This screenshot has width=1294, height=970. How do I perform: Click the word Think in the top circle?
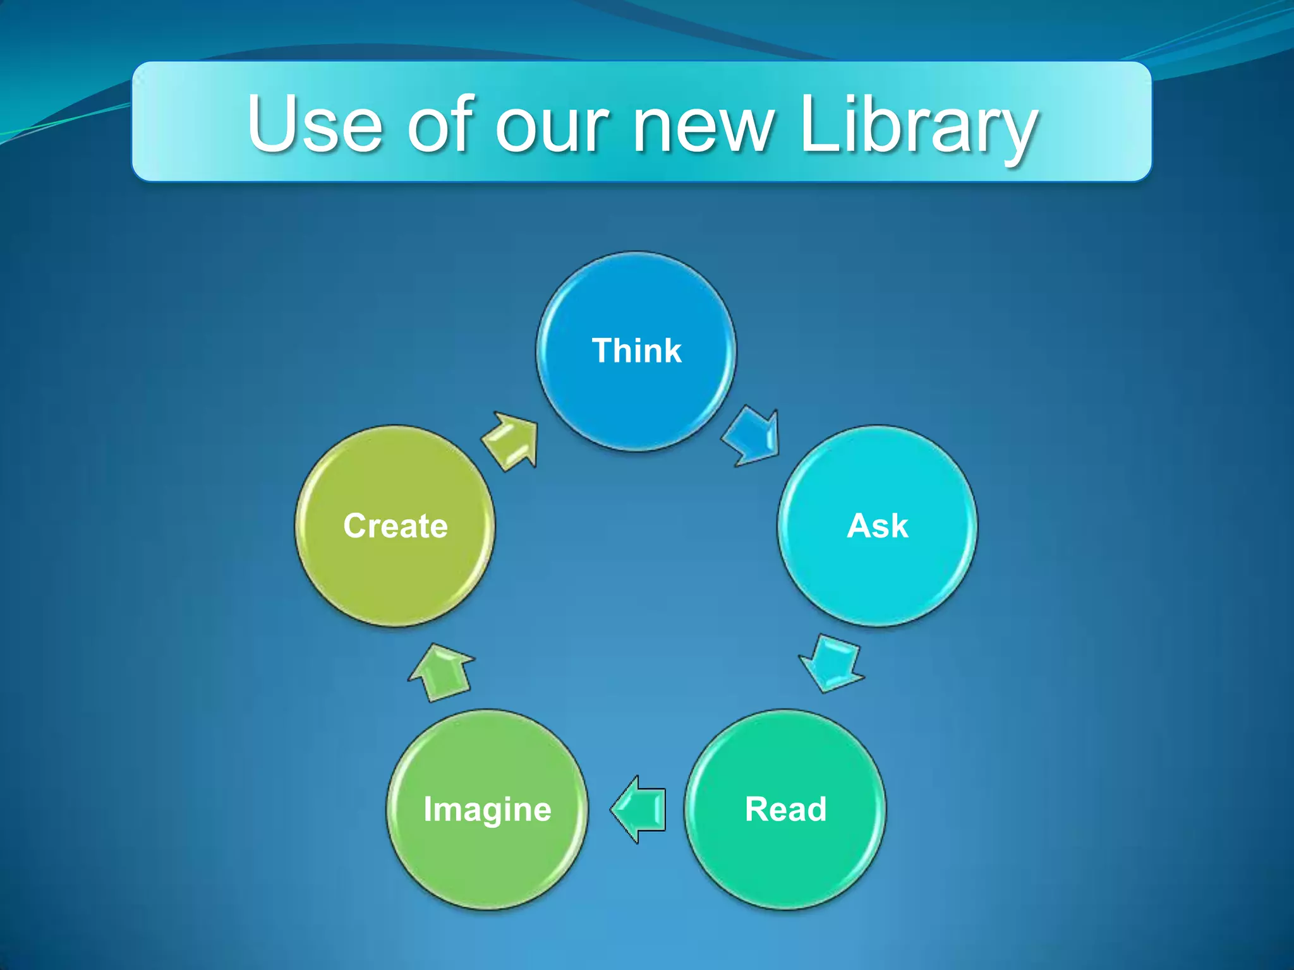pyautogui.click(x=636, y=350)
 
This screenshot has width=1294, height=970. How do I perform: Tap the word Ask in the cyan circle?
pyautogui.click(x=878, y=525)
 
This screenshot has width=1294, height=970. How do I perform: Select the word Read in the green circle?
pyautogui.click(x=785, y=809)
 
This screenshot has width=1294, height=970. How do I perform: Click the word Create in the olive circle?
pyautogui.click(x=396, y=525)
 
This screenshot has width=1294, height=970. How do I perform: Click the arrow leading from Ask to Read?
pyautogui.click(x=831, y=663)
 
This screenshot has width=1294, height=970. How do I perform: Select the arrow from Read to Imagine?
pyautogui.click(x=638, y=809)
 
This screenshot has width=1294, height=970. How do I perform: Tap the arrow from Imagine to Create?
pyautogui.click(x=442, y=673)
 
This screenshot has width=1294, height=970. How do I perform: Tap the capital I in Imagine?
pyautogui.click(x=428, y=809)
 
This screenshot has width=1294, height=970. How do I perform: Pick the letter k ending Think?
pyautogui.click(x=672, y=350)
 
